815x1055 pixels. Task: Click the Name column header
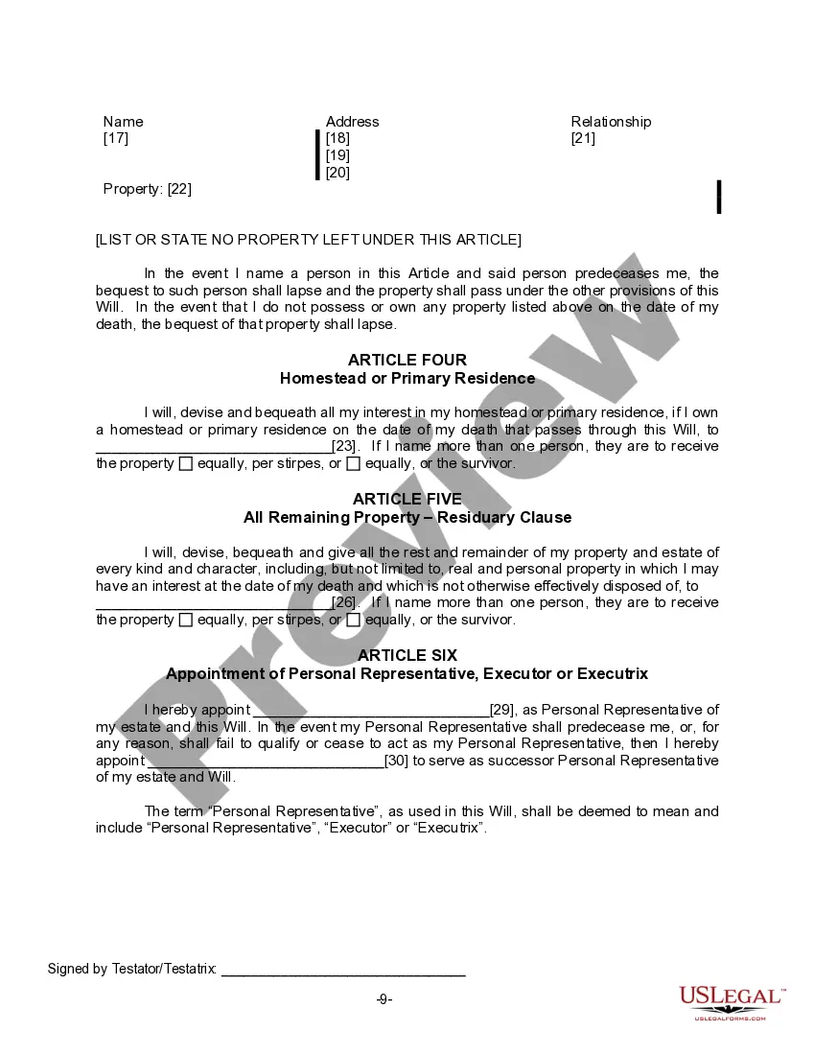[x=123, y=122]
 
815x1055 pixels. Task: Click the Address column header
[x=352, y=122]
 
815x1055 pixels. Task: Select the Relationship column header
[x=611, y=122]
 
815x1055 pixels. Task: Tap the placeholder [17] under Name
[x=115, y=138]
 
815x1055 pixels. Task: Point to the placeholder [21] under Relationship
[x=583, y=138]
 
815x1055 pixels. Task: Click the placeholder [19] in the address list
[x=338, y=155]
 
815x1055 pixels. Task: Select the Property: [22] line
[x=148, y=189]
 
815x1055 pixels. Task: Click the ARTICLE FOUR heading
[x=407, y=360]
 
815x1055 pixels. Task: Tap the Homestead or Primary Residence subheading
[x=407, y=378]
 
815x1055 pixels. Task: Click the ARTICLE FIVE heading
[x=407, y=499]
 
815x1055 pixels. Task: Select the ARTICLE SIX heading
[x=407, y=655]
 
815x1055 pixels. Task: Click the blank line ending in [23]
[x=213, y=447]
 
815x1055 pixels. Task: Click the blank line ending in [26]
[x=213, y=603]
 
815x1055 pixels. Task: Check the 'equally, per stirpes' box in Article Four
[x=186, y=464]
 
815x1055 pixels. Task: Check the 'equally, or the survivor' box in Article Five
[x=353, y=621]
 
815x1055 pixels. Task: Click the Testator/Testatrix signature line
[x=343, y=971]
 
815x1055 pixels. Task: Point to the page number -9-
[x=384, y=999]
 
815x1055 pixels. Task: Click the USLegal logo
[x=732, y=1002]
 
